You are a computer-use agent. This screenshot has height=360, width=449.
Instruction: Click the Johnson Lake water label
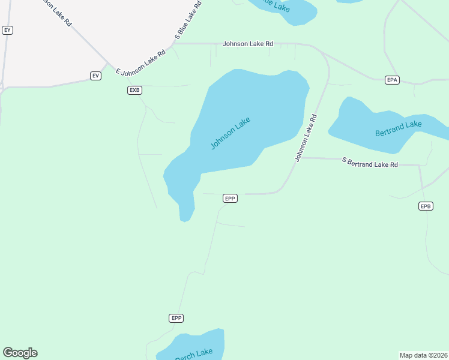230,133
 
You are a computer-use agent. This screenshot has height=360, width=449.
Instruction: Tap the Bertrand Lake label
398,128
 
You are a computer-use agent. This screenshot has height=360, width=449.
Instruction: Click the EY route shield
7,30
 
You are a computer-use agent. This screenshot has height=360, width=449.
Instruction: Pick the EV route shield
95,76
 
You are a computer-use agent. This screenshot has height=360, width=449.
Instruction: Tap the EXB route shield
134,90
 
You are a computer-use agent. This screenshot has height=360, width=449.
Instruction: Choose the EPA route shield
392,80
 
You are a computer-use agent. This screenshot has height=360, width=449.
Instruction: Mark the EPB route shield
425,206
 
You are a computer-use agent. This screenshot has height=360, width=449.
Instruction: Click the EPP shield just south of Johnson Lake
230,198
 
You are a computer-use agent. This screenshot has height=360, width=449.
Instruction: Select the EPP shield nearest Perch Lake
175,318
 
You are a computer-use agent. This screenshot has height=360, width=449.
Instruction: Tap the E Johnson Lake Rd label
140,63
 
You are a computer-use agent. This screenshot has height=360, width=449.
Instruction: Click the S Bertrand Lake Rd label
370,162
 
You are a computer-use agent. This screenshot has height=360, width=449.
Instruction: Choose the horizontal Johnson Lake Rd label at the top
247,44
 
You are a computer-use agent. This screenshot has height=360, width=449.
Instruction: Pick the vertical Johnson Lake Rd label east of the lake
306,138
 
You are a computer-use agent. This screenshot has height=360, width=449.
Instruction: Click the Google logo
20,353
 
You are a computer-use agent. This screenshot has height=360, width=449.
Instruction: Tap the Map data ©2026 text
423,355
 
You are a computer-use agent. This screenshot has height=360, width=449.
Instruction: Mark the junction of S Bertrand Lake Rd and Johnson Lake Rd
300,158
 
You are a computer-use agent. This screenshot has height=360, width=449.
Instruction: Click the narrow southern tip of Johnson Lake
185,216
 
